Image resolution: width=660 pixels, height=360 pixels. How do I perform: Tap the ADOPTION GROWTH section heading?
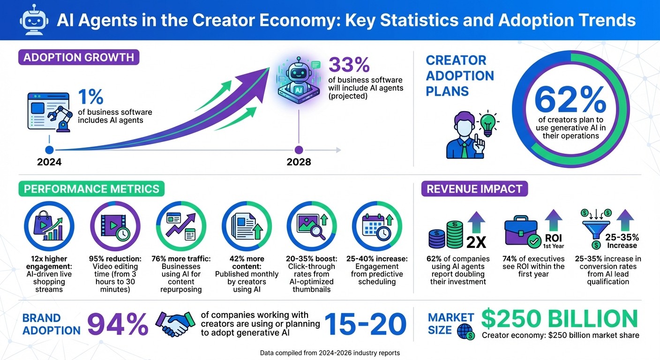click(79, 58)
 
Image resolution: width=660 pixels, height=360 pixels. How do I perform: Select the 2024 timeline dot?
click(49, 150)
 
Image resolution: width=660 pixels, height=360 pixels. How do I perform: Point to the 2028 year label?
click(299, 162)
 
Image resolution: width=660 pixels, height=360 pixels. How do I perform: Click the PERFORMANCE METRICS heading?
click(91, 189)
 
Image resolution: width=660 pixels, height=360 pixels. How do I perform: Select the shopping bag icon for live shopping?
click(45, 225)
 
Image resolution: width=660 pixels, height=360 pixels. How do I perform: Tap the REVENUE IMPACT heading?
click(474, 189)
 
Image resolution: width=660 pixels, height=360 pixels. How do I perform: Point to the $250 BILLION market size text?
click(559, 319)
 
